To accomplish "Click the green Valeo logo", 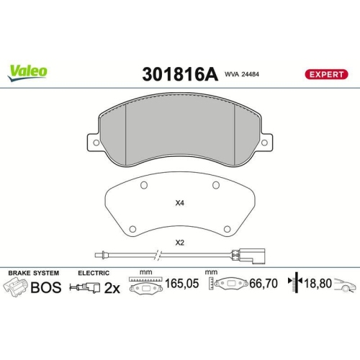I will (x=28, y=71).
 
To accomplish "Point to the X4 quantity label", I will (x=179, y=203).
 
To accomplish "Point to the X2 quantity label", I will (x=179, y=242).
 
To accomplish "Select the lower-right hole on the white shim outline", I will (x=227, y=228).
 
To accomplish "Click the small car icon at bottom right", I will (x=346, y=287).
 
